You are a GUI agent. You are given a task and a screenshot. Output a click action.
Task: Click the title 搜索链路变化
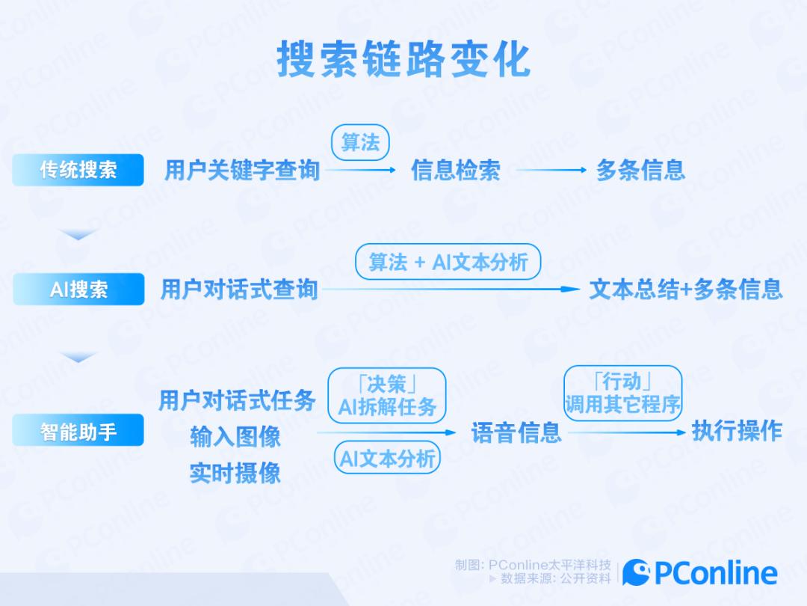pos(403,58)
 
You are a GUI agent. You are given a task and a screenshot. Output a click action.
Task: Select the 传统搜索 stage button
pos(78,170)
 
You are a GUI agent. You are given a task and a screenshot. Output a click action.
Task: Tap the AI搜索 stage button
pos(78,290)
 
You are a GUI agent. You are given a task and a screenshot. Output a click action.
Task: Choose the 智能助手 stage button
pos(78,431)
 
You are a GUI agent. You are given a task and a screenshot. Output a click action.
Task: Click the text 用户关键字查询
pos(242,171)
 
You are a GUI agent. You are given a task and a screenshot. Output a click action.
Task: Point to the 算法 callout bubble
pos(360,143)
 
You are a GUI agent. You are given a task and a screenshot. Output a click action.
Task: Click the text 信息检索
pos(455,171)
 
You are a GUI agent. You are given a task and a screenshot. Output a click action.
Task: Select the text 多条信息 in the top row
pos(640,171)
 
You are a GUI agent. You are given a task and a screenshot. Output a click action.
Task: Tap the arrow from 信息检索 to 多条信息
pos(551,171)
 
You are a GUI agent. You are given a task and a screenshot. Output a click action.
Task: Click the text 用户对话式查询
pos(239,290)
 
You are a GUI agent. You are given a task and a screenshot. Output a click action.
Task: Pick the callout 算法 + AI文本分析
pos(448,262)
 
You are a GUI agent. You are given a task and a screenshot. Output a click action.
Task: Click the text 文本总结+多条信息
pos(685,290)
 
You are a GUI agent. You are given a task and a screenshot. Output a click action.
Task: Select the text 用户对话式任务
pos(237,401)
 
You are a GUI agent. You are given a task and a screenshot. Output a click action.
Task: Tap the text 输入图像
pos(235,437)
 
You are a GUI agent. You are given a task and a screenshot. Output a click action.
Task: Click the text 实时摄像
pos(235,473)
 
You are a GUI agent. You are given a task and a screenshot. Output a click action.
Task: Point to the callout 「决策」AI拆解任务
pos(387,395)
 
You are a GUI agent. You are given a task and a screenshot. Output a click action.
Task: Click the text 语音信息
pos(516,432)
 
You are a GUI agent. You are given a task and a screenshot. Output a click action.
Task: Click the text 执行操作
pos(736,431)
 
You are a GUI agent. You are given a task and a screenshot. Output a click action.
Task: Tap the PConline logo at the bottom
pos(700,574)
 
